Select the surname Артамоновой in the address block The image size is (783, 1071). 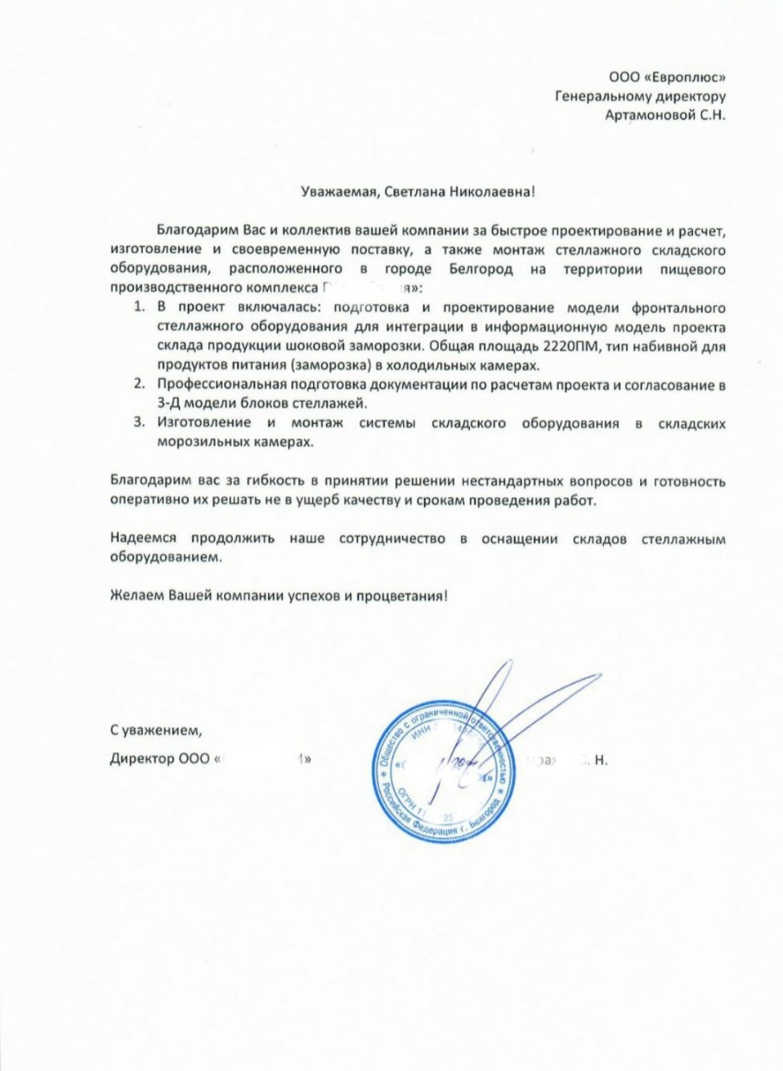647,116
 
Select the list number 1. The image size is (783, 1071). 138,308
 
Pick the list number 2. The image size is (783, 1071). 138,385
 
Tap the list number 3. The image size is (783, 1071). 138,423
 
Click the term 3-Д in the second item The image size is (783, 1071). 171,404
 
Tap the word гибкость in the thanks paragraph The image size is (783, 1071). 271,482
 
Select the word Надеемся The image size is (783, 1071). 144,539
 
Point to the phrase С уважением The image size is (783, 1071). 152,731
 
